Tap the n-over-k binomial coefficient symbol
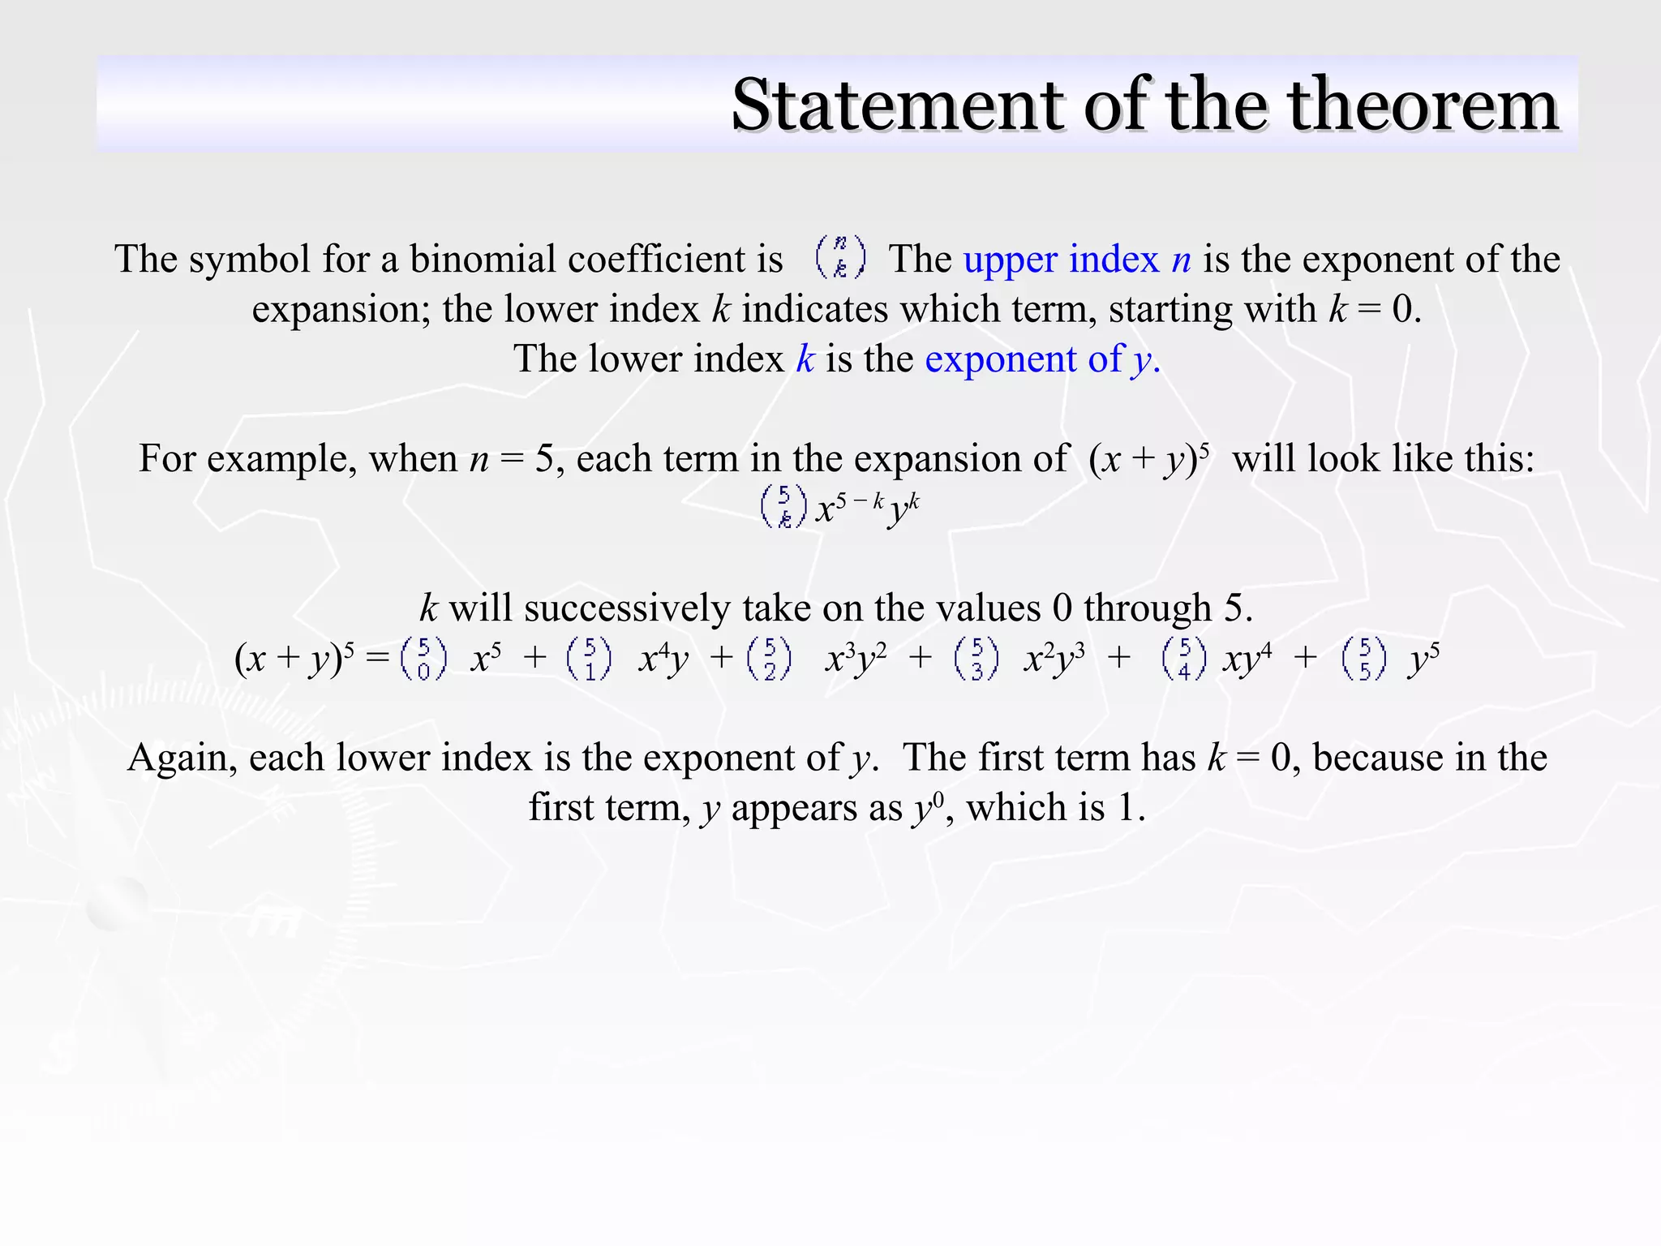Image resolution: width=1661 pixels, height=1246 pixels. [x=840, y=257]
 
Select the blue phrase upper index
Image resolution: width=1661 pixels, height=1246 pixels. [x=1061, y=260]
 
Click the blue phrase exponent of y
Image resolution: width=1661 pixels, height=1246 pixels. [x=1042, y=359]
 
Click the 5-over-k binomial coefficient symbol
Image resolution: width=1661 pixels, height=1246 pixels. [x=783, y=507]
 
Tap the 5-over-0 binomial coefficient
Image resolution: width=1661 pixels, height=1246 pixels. [x=423, y=659]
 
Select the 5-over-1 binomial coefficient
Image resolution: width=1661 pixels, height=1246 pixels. [x=590, y=659]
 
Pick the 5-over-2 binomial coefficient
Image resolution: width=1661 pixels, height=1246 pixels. [x=770, y=659]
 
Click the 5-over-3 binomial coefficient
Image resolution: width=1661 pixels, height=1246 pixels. [x=976, y=659]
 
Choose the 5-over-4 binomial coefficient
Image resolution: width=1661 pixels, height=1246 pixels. [x=1184, y=659]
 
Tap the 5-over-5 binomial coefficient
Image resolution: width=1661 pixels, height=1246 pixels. [x=1364, y=659]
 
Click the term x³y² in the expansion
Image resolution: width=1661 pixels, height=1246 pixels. [x=855, y=660]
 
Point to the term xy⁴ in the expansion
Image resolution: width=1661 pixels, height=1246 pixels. [x=1247, y=660]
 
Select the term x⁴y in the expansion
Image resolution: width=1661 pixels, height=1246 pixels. [x=663, y=660]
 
